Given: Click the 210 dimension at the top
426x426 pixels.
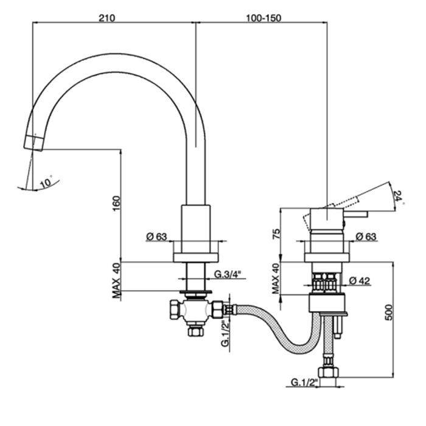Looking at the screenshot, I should [107, 18].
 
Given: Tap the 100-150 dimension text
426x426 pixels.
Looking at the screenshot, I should [264, 18].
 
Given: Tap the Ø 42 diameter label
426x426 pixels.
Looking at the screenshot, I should [361, 281].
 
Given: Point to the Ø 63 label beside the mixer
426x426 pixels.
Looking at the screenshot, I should [365, 236].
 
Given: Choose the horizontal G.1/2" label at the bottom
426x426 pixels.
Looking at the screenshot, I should [305, 383].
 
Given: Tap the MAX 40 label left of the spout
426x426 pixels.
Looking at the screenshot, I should [117, 280].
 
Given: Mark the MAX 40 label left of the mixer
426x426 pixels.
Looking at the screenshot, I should [275, 278].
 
